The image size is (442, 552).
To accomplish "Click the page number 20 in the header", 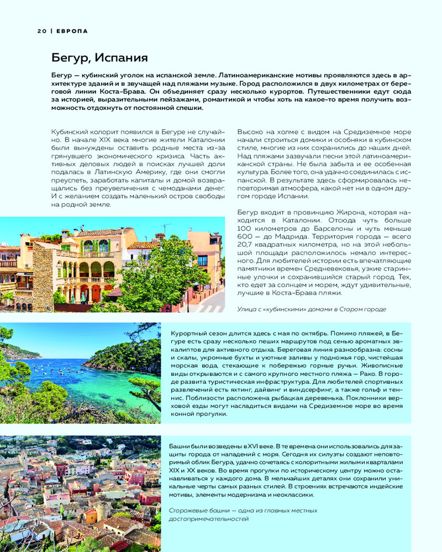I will point(41,31).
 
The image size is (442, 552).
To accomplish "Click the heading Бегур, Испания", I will point(99,57).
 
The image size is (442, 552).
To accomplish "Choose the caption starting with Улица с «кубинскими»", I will point(312,309).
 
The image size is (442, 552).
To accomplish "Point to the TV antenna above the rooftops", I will point(165,228).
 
